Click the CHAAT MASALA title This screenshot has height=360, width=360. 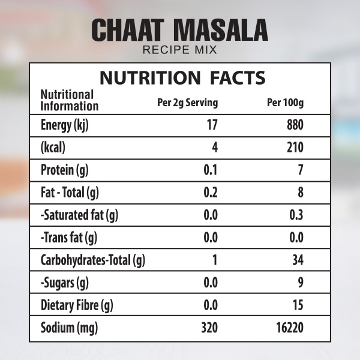(x=179, y=30)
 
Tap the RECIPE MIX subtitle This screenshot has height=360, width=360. (x=179, y=50)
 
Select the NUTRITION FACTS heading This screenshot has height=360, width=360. (x=182, y=77)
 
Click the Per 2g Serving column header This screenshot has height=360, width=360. (x=187, y=103)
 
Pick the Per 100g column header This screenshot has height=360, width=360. (x=285, y=103)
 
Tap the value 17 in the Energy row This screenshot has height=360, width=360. (x=211, y=125)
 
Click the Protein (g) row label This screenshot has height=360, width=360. (x=64, y=170)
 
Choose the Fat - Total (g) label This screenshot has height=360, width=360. (x=69, y=193)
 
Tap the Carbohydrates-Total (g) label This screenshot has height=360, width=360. (x=93, y=260)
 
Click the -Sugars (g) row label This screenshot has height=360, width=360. (x=64, y=283)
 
